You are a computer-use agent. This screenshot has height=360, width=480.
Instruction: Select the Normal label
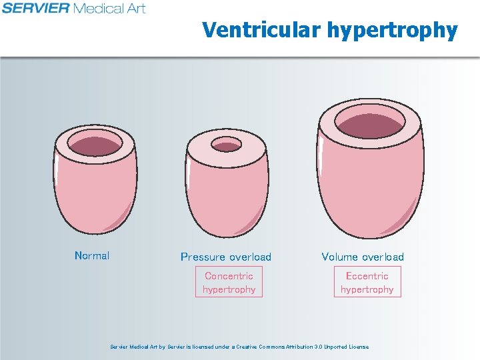pos(92,255)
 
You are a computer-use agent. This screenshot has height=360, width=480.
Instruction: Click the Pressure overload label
pos(226,257)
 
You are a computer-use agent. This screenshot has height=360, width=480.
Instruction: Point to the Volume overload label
pos(363,257)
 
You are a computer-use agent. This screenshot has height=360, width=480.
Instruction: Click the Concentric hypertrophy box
pos(229,282)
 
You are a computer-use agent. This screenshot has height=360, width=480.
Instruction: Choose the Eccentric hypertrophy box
pos(367,282)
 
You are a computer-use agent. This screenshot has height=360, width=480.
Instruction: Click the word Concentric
pos(229,276)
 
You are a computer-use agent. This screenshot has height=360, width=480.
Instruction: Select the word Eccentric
pos(367,276)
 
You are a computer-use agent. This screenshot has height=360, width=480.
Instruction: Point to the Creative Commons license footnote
pos(239,347)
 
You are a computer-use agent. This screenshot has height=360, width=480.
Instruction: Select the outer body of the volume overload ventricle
pos(370,193)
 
